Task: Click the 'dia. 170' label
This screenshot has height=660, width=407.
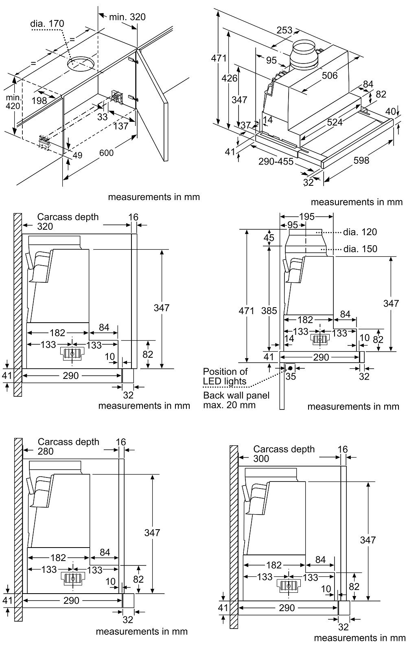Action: click(x=47, y=24)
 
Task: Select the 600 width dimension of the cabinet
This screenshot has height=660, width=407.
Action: click(x=106, y=153)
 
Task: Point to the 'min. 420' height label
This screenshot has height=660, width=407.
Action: click(x=13, y=102)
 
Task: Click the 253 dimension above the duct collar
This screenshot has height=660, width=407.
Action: click(x=284, y=30)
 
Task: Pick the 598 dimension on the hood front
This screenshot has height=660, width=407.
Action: click(x=361, y=160)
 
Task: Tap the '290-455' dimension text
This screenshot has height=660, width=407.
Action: click(x=276, y=161)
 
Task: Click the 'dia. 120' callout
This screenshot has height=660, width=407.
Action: click(x=360, y=232)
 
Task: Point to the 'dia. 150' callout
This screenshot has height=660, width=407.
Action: click(x=360, y=249)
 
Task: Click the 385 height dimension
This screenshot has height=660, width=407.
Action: click(x=269, y=311)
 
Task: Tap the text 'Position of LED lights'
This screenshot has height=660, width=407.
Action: click(x=225, y=376)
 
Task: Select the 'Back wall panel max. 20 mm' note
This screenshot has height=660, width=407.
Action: click(x=236, y=400)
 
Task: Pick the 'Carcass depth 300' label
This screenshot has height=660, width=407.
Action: click(x=284, y=453)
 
